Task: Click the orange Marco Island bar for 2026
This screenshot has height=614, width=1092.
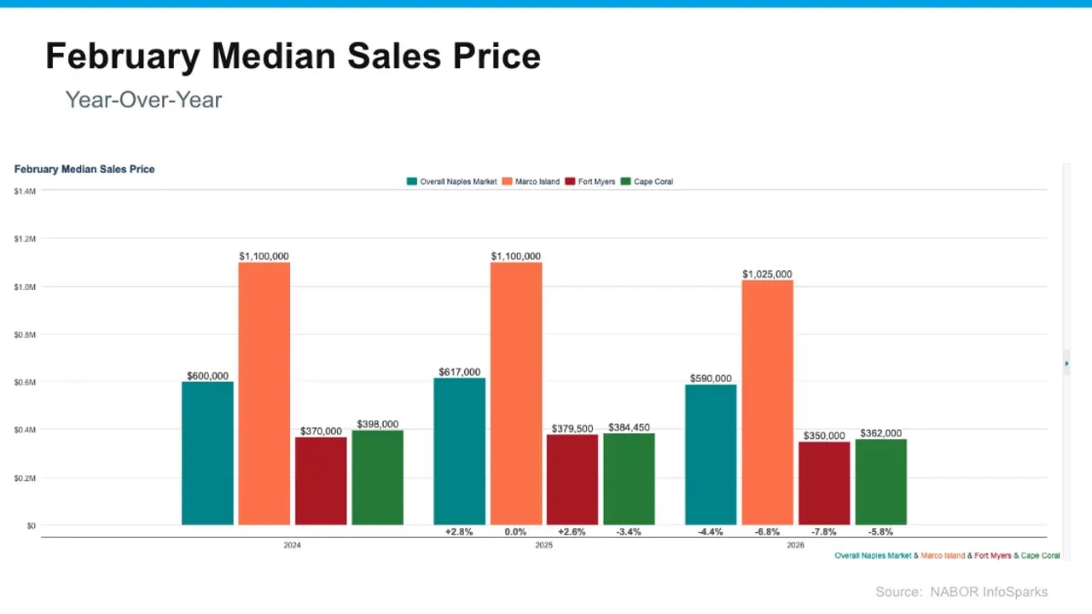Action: (x=767, y=402)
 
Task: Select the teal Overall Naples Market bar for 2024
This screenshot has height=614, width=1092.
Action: (x=207, y=453)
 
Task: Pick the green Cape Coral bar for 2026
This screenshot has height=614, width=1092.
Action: (x=880, y=482)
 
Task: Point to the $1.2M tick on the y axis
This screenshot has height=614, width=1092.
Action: (x=25, y=239)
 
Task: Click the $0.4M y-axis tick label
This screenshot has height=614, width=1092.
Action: (x=25, y=430)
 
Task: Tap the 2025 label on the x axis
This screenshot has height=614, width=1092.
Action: (x=543, y=545)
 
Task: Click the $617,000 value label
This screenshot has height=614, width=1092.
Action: (x=459, y=372)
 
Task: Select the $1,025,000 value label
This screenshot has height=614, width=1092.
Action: (x=767, y=275)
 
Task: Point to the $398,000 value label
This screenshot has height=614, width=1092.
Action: (x=377, y=425)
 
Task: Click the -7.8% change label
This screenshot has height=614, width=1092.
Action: (x=824, y=532)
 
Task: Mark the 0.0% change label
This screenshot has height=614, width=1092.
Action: (x=515, y=532)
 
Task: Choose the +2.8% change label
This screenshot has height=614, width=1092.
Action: (x=459, y=532)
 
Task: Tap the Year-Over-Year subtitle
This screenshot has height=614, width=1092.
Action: (x=143, y=100)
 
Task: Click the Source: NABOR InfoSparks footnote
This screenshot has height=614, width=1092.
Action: (x=961, y=592)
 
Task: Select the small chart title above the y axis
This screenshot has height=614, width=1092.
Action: (x=84, y=169)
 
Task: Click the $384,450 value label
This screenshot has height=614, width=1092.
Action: (x=629, y=428)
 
